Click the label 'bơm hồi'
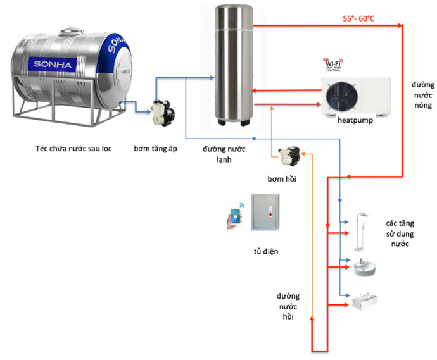click(283, 178)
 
